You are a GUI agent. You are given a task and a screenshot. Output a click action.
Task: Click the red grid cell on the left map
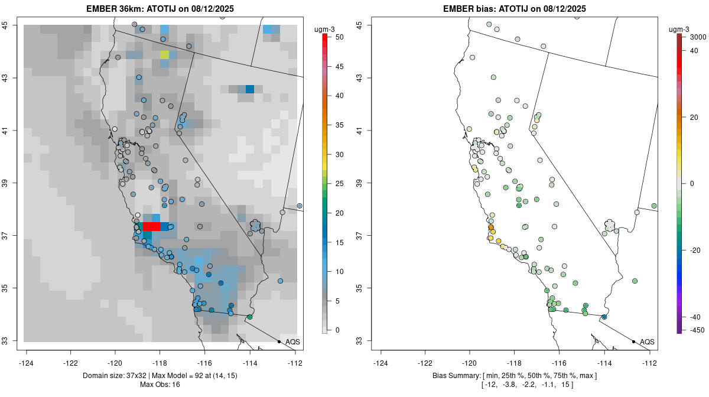click(152, 227)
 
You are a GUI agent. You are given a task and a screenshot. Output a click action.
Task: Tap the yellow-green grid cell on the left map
click(164, 55)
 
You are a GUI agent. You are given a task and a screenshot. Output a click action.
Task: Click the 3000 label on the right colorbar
click(698, 37)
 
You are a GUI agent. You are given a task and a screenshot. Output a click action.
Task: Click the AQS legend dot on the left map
click(279, 341)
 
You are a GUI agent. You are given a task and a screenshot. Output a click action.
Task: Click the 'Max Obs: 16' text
click(161, 385)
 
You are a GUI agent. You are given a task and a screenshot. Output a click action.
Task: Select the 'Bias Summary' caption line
click(515, 376)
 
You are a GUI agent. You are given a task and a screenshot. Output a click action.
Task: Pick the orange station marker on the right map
click(491, 227)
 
